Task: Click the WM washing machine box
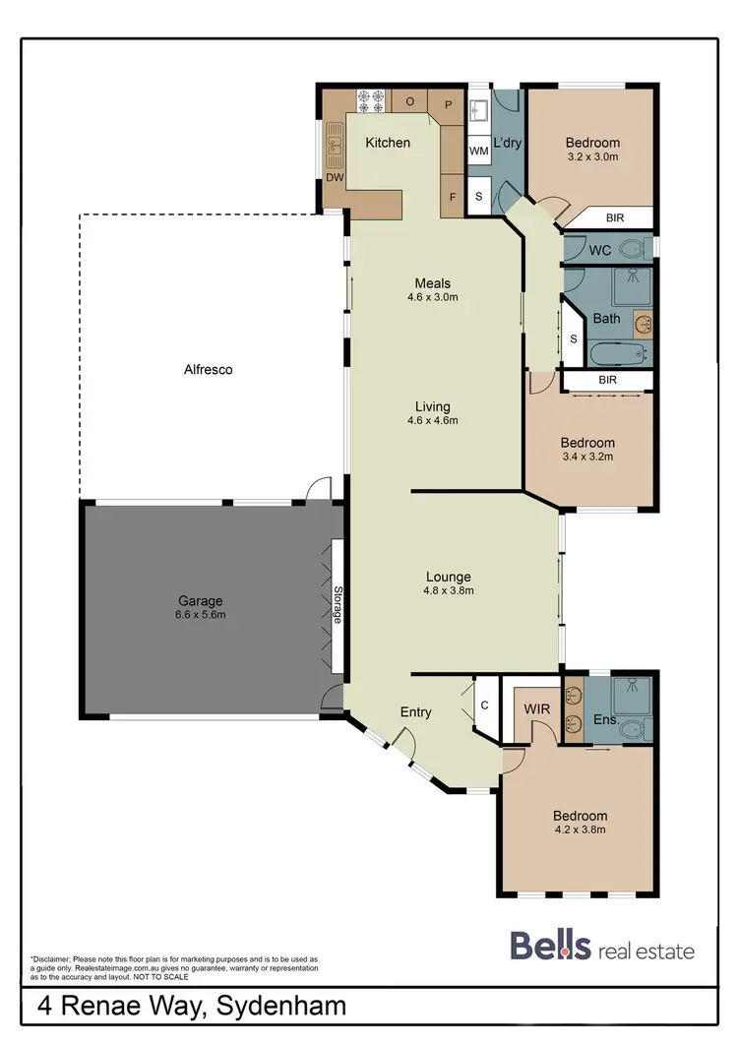tap(479, 151)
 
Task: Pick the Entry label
tap(415, 712)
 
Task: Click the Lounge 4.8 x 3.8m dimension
tap(449, 591)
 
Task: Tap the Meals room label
tap(434, 282)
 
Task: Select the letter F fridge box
tap(452, 197)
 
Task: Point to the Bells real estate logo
tap(601, 949)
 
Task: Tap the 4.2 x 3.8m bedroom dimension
tap(580, 829)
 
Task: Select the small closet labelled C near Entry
tap(485, 706)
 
